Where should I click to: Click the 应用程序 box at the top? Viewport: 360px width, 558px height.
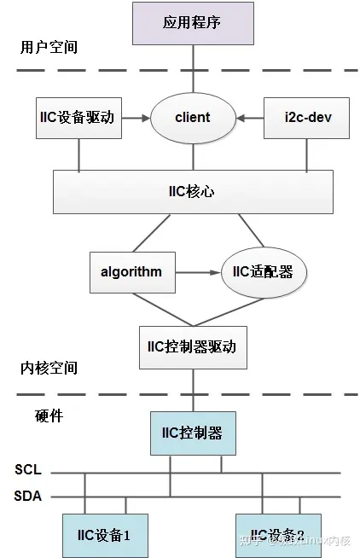point(192,22)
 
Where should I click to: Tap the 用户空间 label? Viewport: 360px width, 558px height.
point(49,47)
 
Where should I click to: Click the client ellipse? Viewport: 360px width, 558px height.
point(192,117)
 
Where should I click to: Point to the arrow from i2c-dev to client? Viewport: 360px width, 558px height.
point(249,117)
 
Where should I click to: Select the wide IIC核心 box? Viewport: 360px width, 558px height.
point(192,191)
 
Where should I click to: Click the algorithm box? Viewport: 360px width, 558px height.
point(132,271)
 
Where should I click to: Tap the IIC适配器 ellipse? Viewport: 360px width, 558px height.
point(263,271)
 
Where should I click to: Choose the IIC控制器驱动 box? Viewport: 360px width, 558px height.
point(193,346)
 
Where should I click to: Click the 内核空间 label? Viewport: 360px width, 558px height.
point(49,368)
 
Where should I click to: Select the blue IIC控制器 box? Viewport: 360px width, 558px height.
point(193,433)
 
